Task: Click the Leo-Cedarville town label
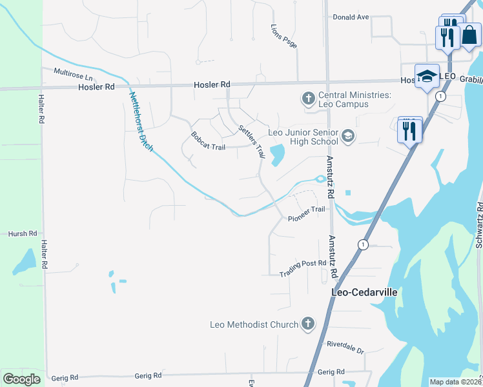364,292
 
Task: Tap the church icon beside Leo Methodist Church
308,324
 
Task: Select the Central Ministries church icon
308,99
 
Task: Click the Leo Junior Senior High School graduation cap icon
348,135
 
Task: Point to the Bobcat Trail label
208,141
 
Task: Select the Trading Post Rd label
303,269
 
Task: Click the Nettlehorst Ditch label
141,122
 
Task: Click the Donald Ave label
351,17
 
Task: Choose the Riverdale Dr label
345,348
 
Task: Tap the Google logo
21,379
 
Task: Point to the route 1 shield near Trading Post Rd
363,244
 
